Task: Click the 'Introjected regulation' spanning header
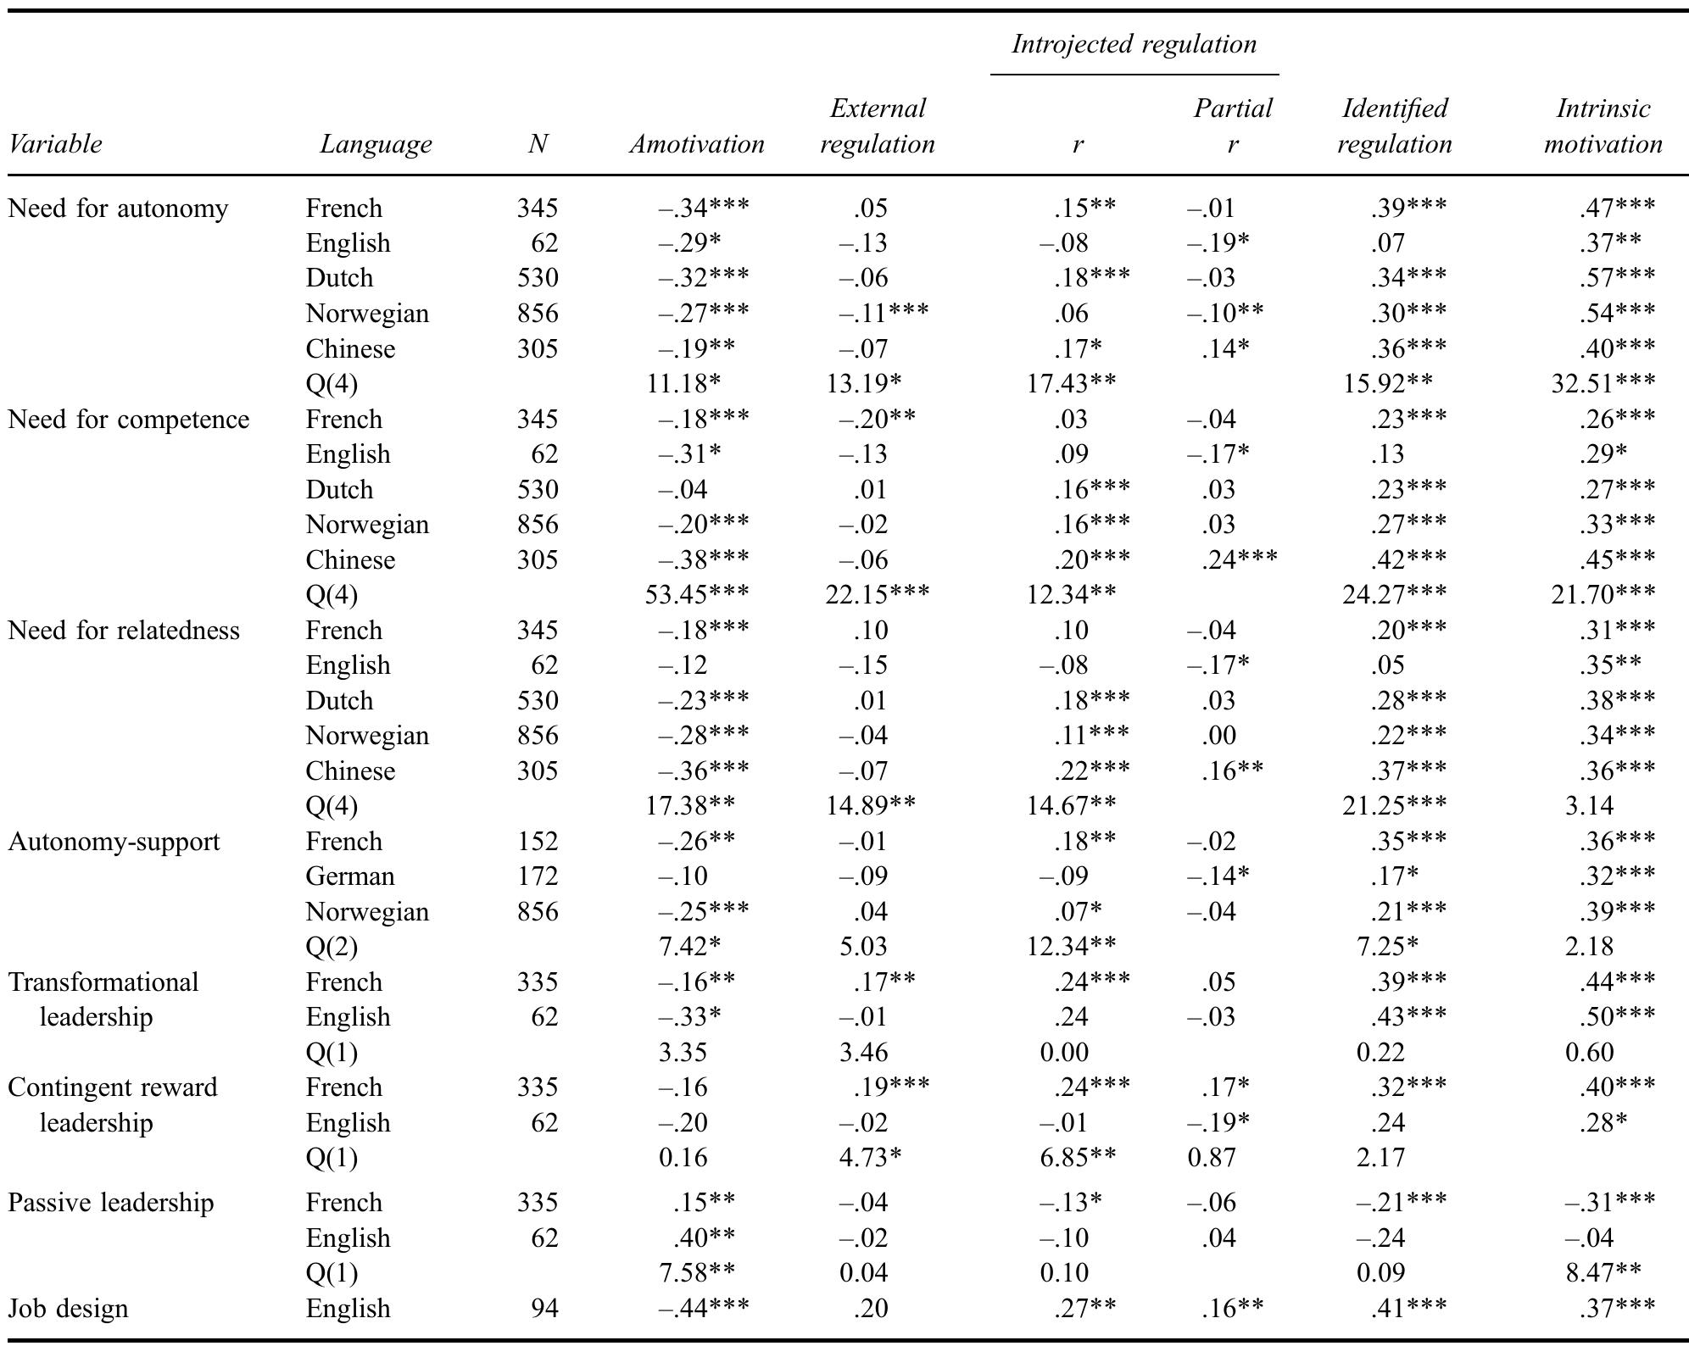1134,44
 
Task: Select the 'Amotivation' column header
696,144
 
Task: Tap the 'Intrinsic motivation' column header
1603,126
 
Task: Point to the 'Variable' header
55,144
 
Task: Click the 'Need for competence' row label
129,420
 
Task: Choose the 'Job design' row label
68,1308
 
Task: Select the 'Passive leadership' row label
111,1203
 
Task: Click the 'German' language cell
349,876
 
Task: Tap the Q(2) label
332,947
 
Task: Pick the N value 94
544,1308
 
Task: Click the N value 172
538,876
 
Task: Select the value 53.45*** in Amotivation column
697,595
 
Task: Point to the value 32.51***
1603,384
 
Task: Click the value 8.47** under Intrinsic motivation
1603,1273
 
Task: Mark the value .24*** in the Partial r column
1239,560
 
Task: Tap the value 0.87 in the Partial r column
1212,1158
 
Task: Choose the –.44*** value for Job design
704,1308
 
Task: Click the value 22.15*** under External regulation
877,595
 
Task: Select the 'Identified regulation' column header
1395,126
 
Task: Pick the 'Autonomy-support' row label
114,842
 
